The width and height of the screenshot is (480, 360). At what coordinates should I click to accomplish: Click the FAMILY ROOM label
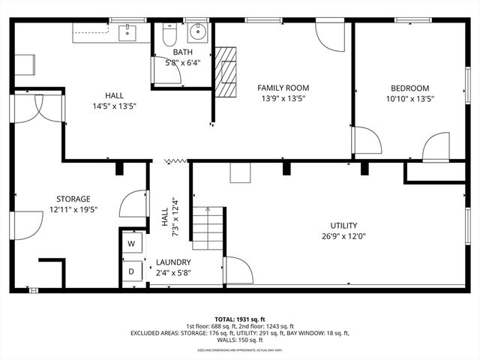point(283,88)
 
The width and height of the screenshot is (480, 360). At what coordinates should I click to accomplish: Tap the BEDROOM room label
point(409,88)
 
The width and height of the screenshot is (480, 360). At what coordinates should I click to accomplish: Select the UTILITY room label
point(343,226)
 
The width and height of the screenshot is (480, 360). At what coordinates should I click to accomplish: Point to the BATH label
point(182,52)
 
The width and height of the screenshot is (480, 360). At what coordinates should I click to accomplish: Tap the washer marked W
point(131,244)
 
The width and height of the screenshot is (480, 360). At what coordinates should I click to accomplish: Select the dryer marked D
point(131,271)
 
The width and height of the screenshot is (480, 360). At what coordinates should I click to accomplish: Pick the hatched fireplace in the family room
point(225,72)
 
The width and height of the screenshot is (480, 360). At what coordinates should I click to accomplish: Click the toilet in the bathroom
point(169,34)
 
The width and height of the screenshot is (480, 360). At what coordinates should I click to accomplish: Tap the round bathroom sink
point(199,32)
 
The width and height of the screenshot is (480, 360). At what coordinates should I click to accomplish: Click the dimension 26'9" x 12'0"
point(343,236)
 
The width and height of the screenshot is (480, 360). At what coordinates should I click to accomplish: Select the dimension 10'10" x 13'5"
point(409,98)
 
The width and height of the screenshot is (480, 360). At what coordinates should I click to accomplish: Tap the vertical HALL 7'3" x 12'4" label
point(169,217)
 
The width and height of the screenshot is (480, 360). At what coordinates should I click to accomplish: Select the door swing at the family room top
point(330,36)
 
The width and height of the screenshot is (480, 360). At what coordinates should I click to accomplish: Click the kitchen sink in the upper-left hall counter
point(127,32)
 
